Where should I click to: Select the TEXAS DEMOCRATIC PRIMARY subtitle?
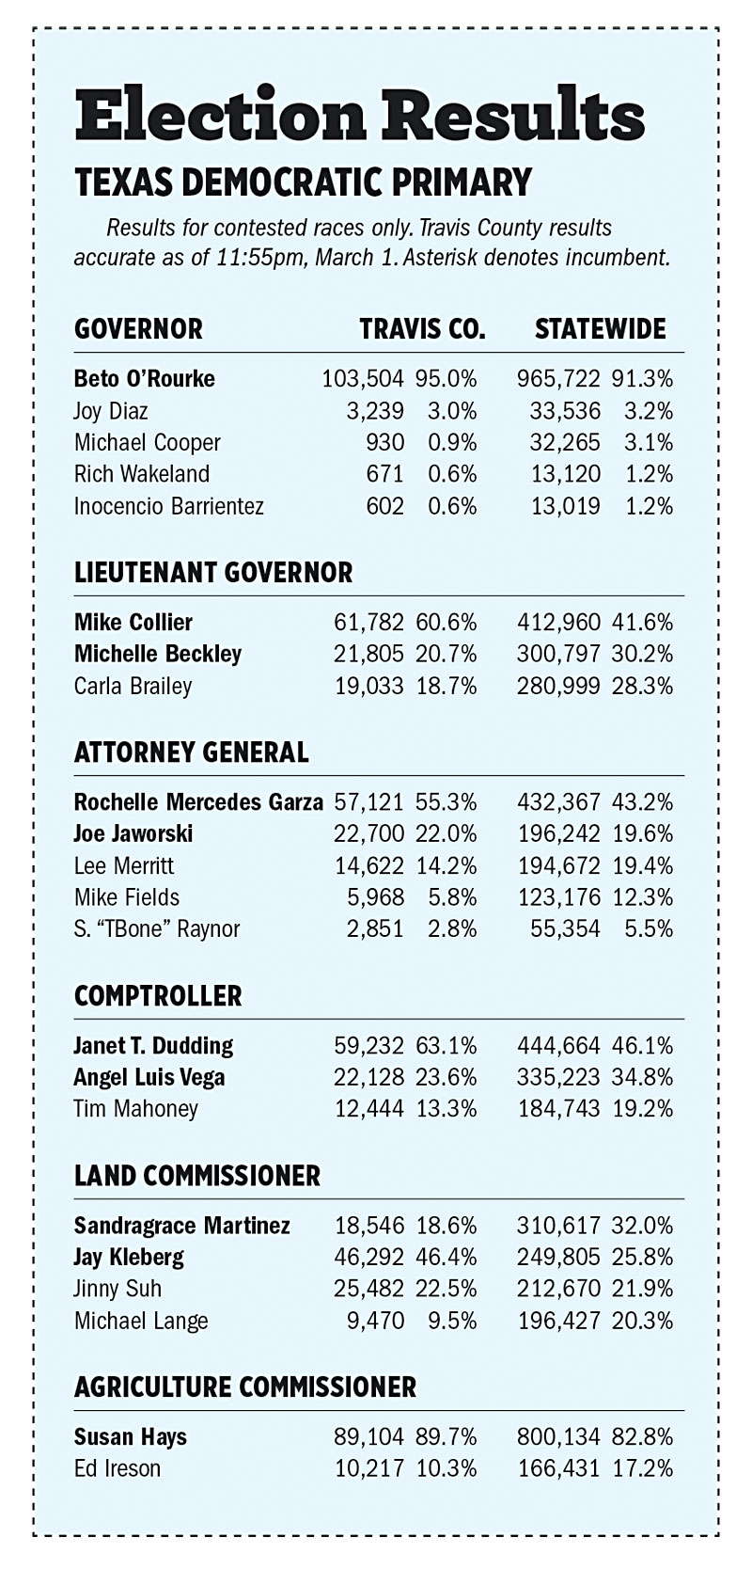pos(304,182)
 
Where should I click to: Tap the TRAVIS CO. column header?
pos(422,328)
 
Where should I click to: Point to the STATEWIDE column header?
pos(600,328)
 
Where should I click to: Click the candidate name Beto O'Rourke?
pos(145,378)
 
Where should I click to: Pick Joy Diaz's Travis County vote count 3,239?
pos(375,410)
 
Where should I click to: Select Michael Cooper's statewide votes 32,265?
pos(565,442)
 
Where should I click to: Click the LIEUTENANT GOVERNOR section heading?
pos(213,572)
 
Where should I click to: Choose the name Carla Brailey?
pos(133,686)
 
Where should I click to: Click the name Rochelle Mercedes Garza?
pos(199,801)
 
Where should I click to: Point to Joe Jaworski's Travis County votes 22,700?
pos(369,833)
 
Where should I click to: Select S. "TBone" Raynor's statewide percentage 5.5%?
pos(649,928)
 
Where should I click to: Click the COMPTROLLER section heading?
pos(158,995)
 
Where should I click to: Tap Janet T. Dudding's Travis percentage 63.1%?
pos(446,1045)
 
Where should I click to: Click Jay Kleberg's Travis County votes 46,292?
pos(369,1257)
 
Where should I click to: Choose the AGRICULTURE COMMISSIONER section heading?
pos(245,1387)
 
